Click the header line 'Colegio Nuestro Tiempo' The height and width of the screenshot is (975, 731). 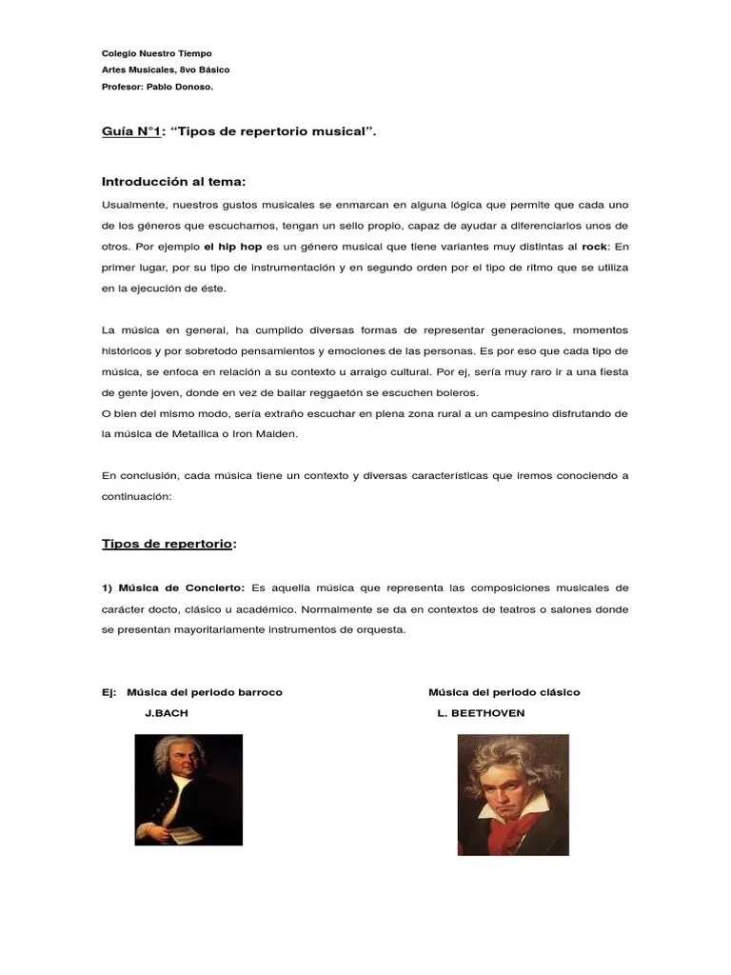pos(156,53)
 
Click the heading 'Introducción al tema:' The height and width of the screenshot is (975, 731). pos(173,182)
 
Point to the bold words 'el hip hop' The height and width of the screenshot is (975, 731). pos(233,246)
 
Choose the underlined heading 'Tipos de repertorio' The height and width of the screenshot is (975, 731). pos(167,544)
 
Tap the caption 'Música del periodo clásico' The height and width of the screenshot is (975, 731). pos(504,692)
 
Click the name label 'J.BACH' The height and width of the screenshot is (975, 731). pos(167,713)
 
